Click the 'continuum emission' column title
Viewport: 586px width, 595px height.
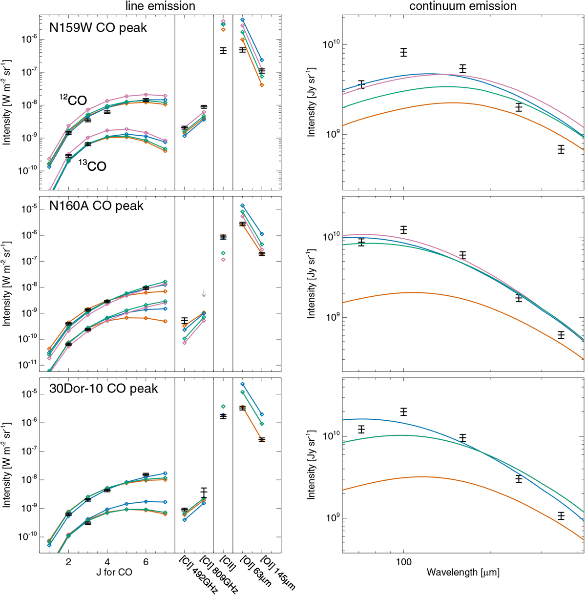point(462,6)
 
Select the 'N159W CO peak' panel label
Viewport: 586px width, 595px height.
point(98,27)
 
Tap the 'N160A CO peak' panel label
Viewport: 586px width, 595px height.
point(97,205)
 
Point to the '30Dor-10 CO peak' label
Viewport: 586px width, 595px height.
point(104,389)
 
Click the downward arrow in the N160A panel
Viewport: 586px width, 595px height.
point(204,293)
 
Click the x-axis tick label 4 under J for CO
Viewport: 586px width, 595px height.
point(107,562)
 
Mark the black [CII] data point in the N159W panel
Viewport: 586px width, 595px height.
point(223,51)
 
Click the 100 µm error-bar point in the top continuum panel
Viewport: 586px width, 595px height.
point(404,52)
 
